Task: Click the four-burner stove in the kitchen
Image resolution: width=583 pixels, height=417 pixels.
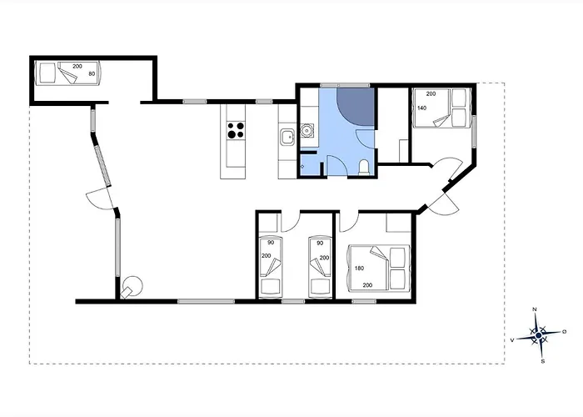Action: (236, 130)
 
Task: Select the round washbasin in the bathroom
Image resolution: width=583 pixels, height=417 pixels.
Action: (306, 130)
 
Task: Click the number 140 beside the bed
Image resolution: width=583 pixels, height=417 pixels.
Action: (421, 108)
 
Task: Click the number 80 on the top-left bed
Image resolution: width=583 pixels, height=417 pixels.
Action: (91, 74)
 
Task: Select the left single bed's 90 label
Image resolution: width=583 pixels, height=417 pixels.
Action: (271, 244)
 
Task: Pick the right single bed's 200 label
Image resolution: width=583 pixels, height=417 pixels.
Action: (324, 258)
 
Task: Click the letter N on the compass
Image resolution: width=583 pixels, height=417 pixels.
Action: (535, 310)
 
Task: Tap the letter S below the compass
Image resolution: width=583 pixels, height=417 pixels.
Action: (542, 361)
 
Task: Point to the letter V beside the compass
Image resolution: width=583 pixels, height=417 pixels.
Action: (512, 340)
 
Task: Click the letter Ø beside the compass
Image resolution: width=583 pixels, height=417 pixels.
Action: (564, 332)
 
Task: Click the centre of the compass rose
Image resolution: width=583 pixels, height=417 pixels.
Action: (538, 336)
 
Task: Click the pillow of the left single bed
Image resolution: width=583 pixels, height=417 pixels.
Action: (271, 287)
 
